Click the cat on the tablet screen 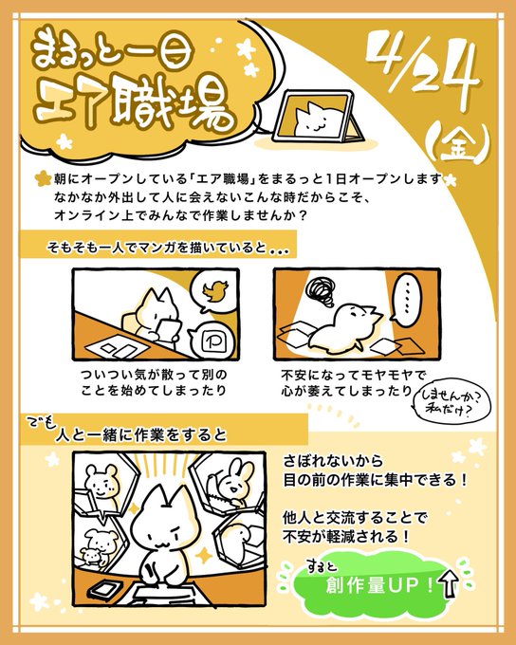tap(315, 120)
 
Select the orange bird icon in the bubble tap(215, 290)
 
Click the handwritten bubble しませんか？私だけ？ tap(451, 402)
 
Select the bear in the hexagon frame tap(101, 482)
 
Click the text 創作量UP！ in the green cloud tap(379, 584)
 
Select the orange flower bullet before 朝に tap(44, 179)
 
